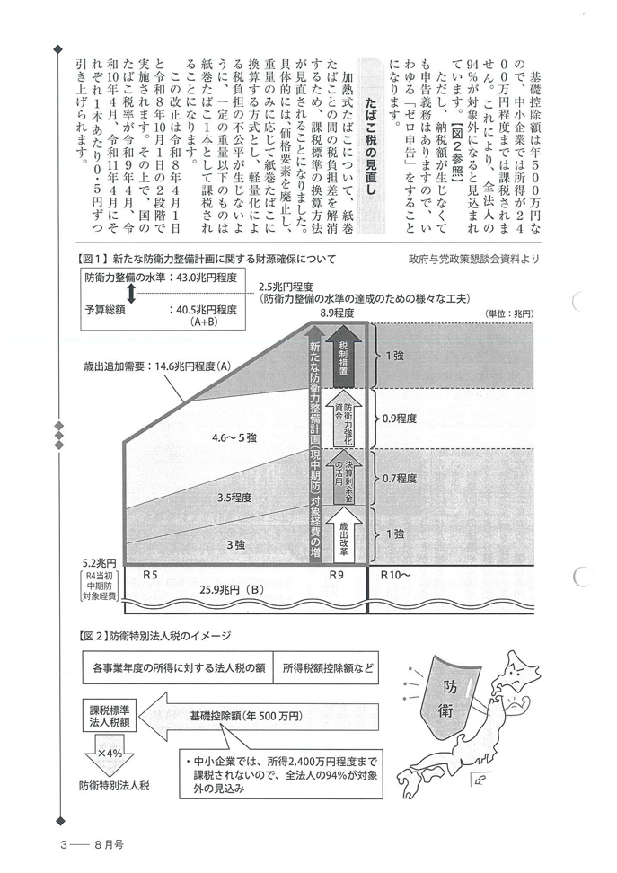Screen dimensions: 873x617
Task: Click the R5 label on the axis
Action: pyautogui.click(x=156, y=573)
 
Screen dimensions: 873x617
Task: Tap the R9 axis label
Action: pyautogui.click(x=337, y=573)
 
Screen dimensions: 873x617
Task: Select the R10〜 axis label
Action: pyautogui.click(x=396, y=573)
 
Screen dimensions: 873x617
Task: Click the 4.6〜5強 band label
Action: pyautogui.click(x=234, y=438)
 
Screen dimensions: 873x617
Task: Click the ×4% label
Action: pyautogui.click(x=110, y=752)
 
